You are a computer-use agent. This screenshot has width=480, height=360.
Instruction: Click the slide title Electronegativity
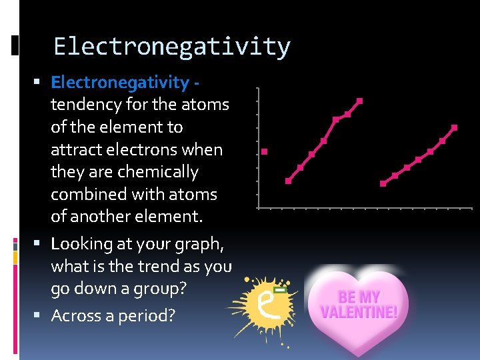point(172,47)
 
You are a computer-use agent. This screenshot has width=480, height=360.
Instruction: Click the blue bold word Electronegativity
point(120,82)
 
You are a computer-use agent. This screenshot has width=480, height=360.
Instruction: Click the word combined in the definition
point(89,195)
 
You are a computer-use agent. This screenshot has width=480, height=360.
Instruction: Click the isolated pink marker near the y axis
point(265,152)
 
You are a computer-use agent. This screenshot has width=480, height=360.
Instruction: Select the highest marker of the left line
point(360,101)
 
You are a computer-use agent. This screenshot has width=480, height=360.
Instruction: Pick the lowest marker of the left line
point(288,181)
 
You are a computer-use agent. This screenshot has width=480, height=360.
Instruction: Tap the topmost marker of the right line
point(455,127)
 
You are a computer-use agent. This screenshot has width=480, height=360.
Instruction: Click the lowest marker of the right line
point(383,183)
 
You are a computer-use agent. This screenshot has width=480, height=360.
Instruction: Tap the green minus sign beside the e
point(281,291)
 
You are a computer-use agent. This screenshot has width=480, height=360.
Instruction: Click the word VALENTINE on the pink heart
point(359,311)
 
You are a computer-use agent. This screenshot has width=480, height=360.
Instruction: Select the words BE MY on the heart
point(359,297)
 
